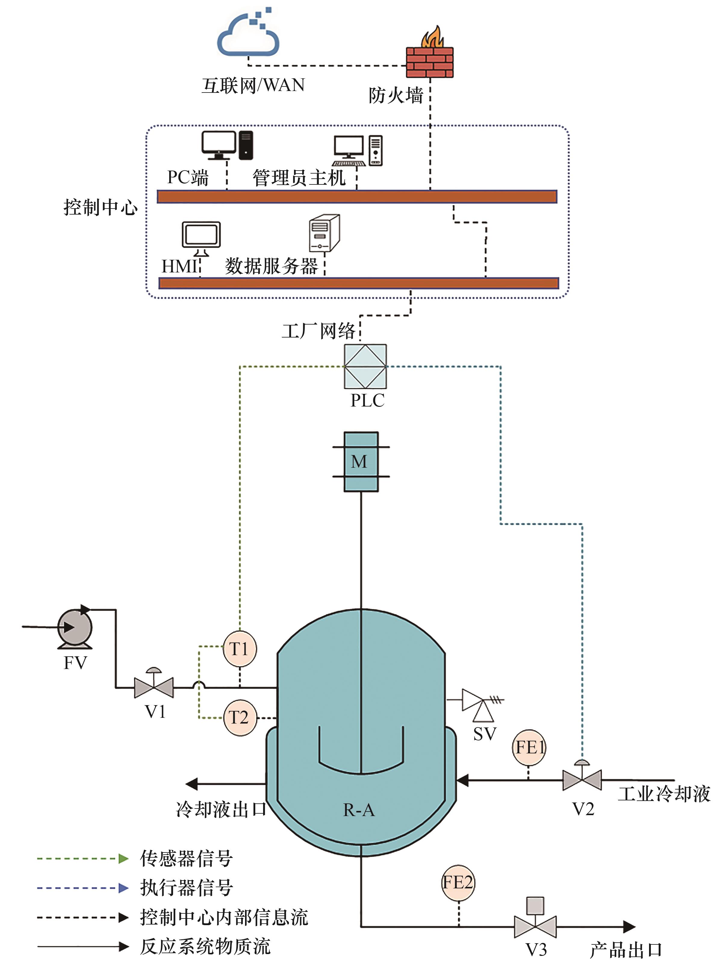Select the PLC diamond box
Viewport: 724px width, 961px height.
coord(365,366)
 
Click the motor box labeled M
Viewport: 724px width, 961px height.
coord(361,461)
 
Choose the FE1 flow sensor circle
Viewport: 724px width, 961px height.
coord(529,748)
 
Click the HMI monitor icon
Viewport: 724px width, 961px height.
coord(201,237)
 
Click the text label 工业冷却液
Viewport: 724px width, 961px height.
coord(664,794)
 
